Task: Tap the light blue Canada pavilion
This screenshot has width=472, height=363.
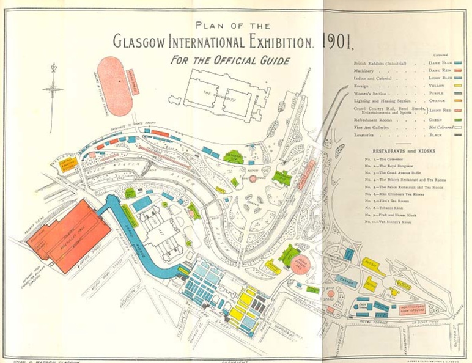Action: point(348,282)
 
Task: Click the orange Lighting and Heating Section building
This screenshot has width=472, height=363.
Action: point(69,163)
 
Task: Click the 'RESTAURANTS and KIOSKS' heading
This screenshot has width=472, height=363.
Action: point(404,150)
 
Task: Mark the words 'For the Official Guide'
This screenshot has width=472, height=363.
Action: point(230,60)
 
